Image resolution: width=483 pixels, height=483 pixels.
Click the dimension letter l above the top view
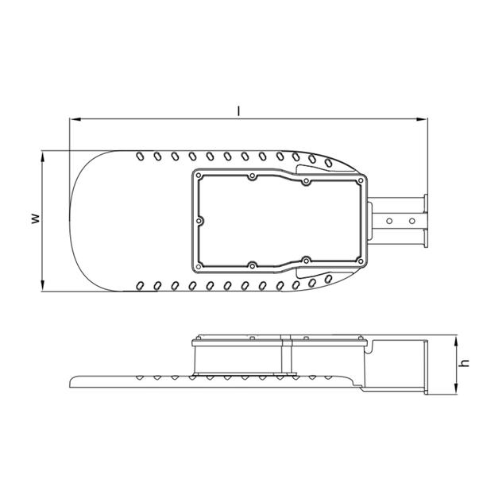pyautogui.click(x=238, y=111)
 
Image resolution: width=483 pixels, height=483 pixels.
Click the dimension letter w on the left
pyautogui.click(x=36, y=218)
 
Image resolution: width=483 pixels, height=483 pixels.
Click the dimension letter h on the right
pyautogui.click(x=464, y=363)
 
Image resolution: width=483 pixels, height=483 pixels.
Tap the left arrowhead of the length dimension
pyautogui.click(x=75, y=119)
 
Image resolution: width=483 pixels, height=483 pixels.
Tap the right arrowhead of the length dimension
pyautogui.click(x=422, y=119)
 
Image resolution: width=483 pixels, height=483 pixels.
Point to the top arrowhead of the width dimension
pyautogui.click(x=43, y=156)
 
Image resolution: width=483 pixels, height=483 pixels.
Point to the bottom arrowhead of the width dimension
pyautogui.click(x=43, y=285)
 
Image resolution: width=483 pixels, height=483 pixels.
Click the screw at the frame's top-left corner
pyautogui.click(x=199, y=176)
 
